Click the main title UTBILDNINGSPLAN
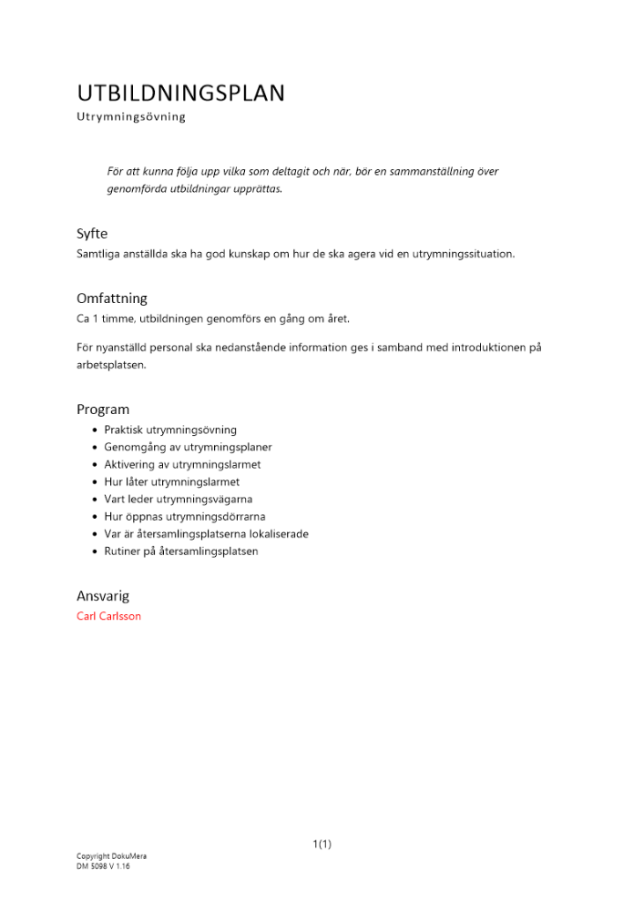[x=180, y=94]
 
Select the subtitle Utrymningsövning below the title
[x=131, y=117]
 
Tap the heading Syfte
[x=92, y=234]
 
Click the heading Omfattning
[x=112, y=298]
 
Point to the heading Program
[x=103, y=409]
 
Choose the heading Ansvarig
[x=103, y=596]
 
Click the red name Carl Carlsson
[x=109, y=616]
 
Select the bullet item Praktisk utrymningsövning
[x=170, y=430]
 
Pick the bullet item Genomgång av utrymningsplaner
[x=188, y=447]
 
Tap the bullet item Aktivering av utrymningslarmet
[x=182, y=464]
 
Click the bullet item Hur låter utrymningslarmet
[x=172, y=481]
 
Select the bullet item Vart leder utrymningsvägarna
[x=179, y=499]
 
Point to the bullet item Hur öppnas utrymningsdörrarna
[x=185, y=516]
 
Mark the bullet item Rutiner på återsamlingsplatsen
[x=181, y=551]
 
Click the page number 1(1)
[x=322, y=844]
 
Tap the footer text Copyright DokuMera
[x=111, y=856]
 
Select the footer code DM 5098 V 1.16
[x=103, y=866]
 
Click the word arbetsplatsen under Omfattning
[x=111, y=365]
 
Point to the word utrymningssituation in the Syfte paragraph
[x=463, y=254]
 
